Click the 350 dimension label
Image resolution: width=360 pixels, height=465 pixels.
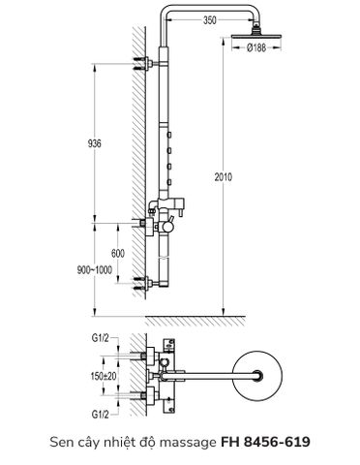(209, 20)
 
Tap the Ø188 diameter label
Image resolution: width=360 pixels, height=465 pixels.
(256, 47)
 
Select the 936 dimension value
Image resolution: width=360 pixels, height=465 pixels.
(94, 143)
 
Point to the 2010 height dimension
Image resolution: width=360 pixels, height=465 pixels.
(224, 177)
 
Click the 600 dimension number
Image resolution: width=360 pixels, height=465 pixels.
(118, 254)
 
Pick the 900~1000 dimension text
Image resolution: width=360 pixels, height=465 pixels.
(95, 269)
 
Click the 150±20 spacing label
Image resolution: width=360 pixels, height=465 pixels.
(104, 376)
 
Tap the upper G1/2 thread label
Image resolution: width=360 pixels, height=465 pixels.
(101, 338)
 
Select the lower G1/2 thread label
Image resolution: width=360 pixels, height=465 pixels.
(101, 415)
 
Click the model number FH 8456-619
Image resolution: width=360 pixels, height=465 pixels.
(265, 442)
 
